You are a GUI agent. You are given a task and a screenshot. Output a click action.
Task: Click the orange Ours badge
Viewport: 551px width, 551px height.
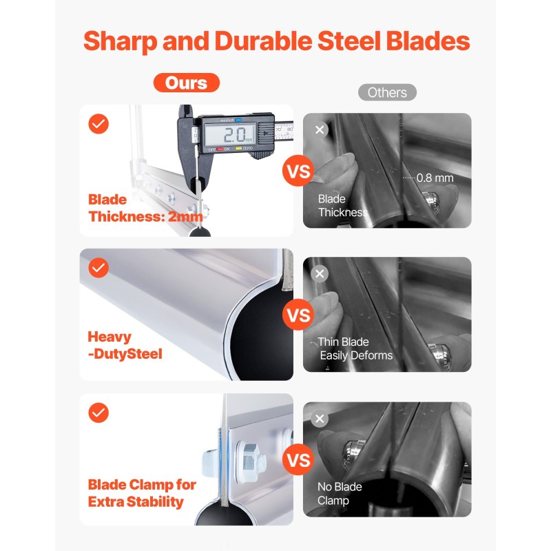[186, 83]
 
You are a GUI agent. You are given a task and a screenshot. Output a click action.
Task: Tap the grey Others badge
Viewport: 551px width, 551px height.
[387, 92]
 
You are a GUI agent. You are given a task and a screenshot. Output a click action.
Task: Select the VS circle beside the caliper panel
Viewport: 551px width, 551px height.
[298, 171]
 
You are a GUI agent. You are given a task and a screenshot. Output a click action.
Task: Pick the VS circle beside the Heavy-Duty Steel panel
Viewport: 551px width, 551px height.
[298, 315]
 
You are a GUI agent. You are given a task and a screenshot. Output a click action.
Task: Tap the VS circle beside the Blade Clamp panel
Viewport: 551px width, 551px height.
[298, 459]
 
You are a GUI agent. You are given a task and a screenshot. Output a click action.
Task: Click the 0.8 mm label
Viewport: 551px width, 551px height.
[435, 178]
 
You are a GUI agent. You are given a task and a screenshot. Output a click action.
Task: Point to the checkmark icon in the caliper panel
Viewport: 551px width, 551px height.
[98, 124]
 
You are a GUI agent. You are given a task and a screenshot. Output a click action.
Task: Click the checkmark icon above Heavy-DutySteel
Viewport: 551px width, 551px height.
[98, 268]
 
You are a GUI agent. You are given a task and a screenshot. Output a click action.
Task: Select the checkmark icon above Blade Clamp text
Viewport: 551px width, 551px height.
[98, 413]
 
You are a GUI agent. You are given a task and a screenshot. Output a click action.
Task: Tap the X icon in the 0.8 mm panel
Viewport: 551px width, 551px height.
[320, 129]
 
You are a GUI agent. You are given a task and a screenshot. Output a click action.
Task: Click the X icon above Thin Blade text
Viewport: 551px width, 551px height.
[320, 273]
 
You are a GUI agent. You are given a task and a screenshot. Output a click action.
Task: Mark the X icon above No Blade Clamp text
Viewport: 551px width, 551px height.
[320, 419]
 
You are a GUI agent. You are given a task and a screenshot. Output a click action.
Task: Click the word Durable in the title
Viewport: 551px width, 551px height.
[264, 41]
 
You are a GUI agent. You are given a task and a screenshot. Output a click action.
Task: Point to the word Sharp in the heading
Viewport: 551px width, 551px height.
[120, 42]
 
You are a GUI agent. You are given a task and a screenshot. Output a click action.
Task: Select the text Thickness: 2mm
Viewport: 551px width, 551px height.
[146, 216]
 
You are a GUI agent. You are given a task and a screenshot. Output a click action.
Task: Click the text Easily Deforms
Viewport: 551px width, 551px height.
[356, 355]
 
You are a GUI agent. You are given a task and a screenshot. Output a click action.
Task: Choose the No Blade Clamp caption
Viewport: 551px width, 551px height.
[340, 493]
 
